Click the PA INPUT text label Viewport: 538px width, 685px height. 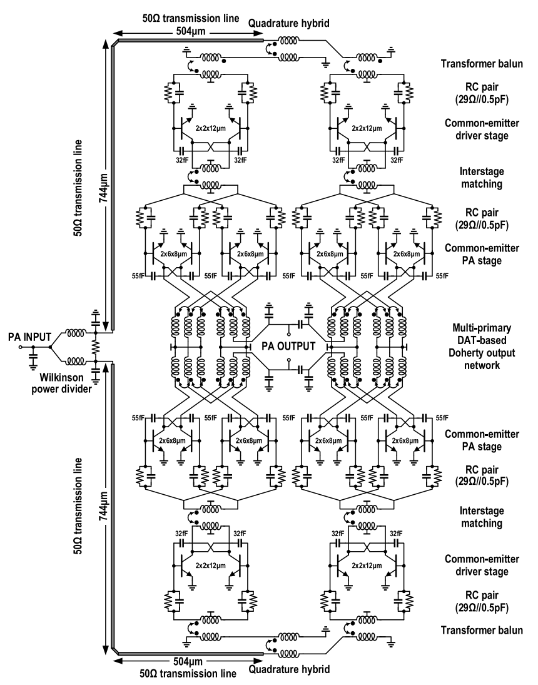(x=23, y=337)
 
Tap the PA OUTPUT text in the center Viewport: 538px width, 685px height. (x=288, y=345)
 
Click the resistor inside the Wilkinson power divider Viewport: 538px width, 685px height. (x=95, y=345)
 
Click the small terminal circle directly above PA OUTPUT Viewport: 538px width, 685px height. (x=288, y=326)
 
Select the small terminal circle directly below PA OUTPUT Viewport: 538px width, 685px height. (x=288, y=361)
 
